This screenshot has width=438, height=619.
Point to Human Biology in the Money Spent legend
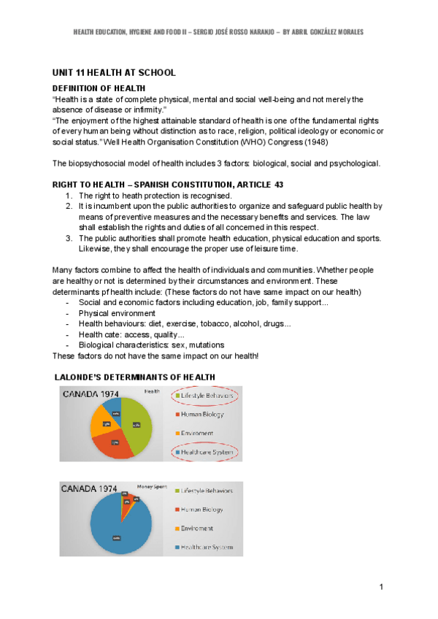click(x=201, y=509)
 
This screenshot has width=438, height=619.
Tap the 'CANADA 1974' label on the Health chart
click(x=91, y=394)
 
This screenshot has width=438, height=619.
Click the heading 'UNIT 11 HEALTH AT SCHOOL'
click(x=113, y=74)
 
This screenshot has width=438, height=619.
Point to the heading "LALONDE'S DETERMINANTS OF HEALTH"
click(x=136, y=377)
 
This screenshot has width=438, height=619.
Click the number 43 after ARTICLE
click(x=278, y=185)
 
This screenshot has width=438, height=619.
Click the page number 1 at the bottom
click(x=382, y=588)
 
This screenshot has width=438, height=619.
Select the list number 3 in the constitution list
click(x=69, y=238)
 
